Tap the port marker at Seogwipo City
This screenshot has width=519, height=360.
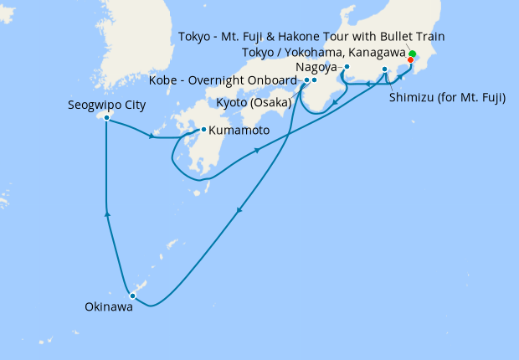pos(107,118)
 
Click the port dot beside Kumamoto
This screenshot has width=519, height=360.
pos(203,130)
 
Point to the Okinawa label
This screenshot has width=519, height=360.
pos(108,307)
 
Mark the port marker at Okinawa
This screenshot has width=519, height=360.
pos(132,295)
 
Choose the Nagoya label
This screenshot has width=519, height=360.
pos(316,66)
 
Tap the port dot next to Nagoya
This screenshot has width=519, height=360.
pos(347,67)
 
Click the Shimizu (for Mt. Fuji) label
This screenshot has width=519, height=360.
pos(447,97)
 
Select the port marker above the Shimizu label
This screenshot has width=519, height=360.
pos(385,69)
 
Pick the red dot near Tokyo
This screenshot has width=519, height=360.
pos(410,59)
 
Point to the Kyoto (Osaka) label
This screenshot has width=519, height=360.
pos(250,102)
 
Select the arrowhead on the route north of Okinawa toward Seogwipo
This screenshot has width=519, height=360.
pos(106,215)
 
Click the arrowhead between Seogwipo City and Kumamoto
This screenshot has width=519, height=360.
pos(152,136)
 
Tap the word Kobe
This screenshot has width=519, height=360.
pos(163,80)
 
